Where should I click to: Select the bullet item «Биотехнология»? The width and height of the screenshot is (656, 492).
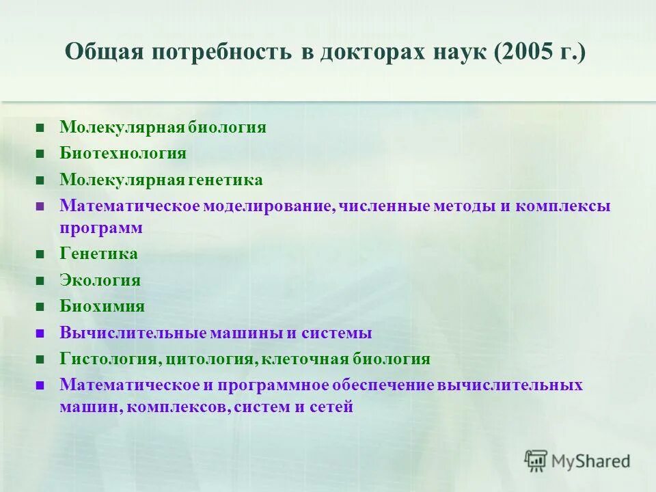point(123,153)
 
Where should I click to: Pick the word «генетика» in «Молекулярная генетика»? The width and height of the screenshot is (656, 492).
point(225,180)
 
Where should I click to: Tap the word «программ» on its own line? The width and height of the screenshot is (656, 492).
point(101,228)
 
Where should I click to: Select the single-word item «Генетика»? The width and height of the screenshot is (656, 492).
point(98,254)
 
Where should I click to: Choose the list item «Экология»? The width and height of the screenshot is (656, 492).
point(100,280)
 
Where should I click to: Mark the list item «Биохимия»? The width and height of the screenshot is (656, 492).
point(102,306)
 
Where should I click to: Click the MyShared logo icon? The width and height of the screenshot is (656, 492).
point(536,461)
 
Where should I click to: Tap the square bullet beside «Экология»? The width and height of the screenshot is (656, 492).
point(41,281)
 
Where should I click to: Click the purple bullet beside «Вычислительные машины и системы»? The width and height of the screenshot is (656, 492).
point(41,334)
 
